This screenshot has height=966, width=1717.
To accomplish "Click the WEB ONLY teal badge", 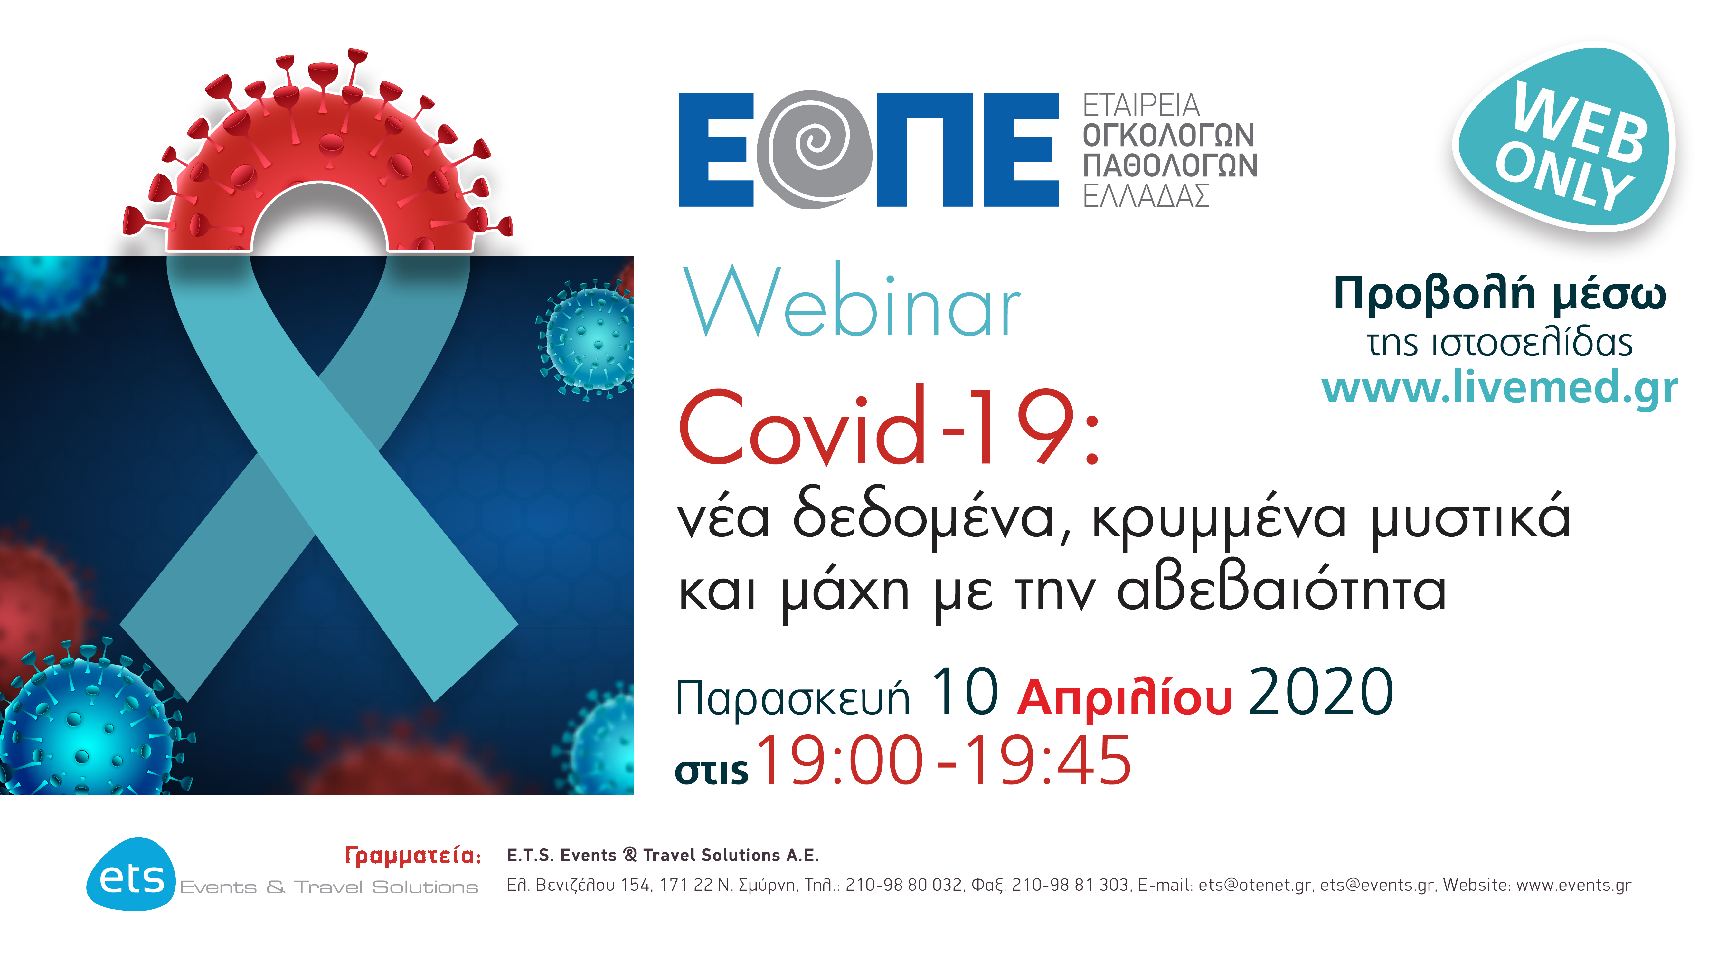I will point(1563,140).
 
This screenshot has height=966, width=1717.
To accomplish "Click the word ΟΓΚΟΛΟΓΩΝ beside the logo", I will point(1168,135).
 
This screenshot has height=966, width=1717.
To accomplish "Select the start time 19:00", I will point(838,761).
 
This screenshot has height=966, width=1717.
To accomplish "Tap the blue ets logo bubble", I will point(131,875).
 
